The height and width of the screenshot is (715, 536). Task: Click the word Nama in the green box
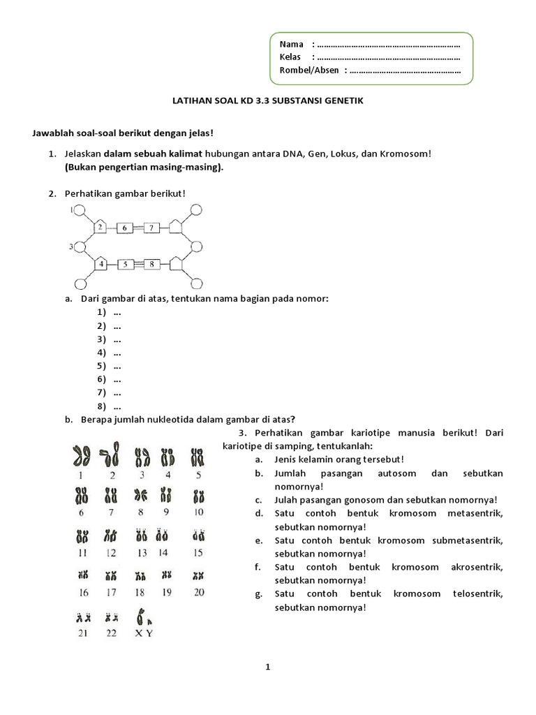click(291, 44)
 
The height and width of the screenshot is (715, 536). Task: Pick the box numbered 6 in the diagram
click(124, 228)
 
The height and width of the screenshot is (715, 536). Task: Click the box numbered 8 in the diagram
click(152, 264)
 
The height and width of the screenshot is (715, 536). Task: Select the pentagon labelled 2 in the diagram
click(100, 227)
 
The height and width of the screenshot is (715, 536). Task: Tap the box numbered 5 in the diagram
click(124, 264)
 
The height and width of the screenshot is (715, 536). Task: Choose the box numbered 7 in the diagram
click(152, 228)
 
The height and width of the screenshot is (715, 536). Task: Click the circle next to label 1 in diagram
click(80, 209)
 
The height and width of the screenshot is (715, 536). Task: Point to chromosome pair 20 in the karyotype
click(198, 576)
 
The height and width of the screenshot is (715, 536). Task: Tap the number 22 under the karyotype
click(110, 634)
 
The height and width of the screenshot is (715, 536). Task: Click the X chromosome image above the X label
click(141, 617)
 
